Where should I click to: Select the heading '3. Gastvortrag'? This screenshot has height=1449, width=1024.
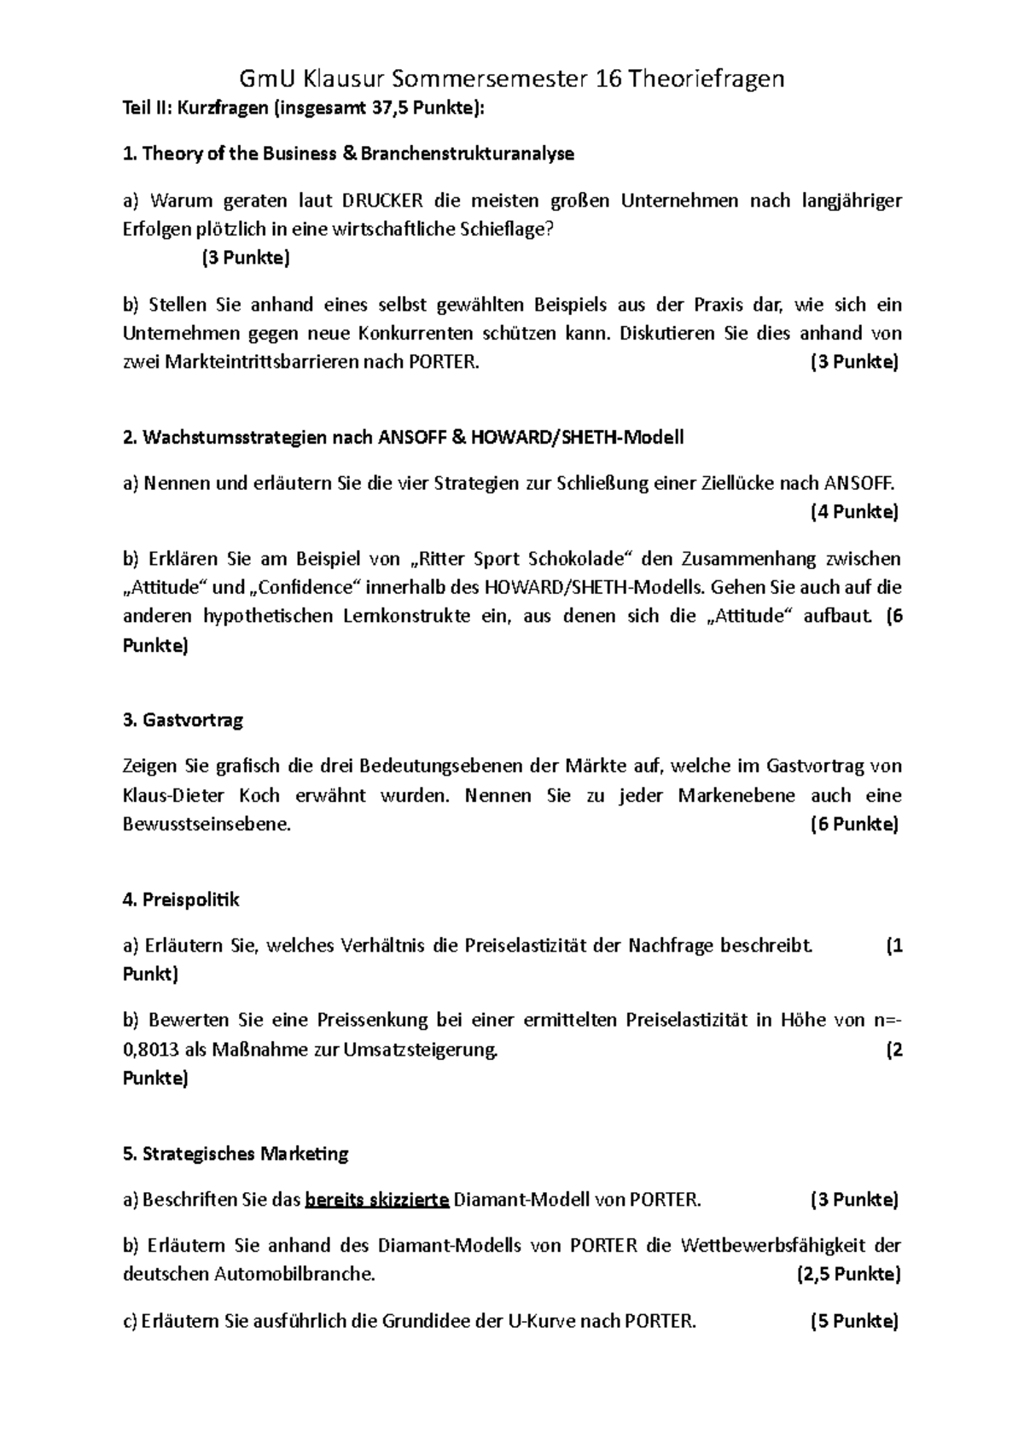pyautogui.click(x=183, y=720)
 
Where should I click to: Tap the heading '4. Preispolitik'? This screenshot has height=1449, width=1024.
pyautogui.click(x=182, y=899)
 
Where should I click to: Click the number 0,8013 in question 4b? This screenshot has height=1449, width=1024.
pyautogui.click(x=152, y=1050)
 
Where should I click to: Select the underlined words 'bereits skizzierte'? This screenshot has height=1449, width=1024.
pyautogui.click(x=376, y=1200)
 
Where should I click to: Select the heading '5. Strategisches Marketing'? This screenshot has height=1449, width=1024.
pyautogui.click(x=236, y=1154)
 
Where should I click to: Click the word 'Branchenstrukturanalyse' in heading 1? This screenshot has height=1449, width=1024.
pyautogui.click(x=467, y=154)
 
